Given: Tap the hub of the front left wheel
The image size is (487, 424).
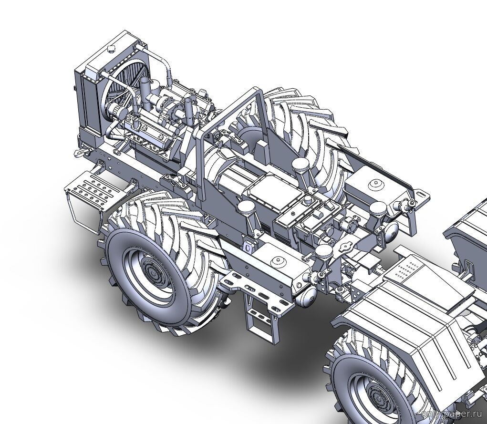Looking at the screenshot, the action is pyautogui.click(x=152, y=273).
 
